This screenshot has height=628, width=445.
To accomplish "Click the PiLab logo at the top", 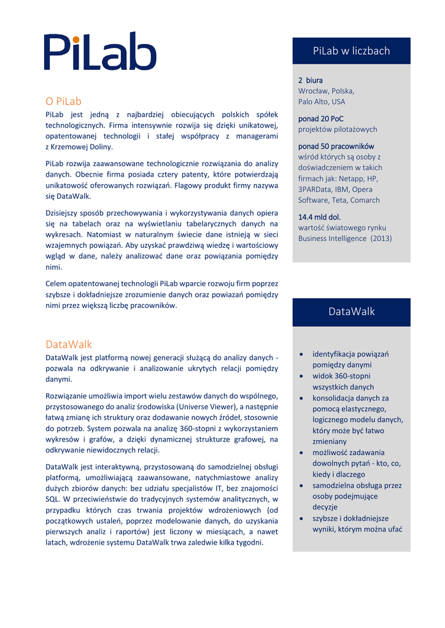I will [101, 52].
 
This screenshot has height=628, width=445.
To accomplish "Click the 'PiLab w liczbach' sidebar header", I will [351, 50].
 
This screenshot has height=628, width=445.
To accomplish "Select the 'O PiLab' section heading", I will [63, 101].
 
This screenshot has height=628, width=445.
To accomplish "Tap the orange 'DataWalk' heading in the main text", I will [69, 344].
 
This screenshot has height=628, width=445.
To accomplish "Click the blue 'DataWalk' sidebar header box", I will [351, 312].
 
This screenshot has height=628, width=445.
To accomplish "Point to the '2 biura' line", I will [310, 80].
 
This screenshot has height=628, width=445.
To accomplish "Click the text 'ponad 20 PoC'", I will [320, 118].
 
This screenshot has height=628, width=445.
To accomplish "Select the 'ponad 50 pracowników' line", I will [336, 147].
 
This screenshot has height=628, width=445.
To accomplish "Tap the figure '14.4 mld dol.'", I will [319, 217].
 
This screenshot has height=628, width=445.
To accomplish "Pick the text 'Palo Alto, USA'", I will [322, 102].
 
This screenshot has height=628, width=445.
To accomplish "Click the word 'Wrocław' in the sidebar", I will [313, 91].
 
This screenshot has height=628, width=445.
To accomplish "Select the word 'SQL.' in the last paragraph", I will [53, 499].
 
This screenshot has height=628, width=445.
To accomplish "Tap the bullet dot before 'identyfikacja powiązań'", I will [300, 354].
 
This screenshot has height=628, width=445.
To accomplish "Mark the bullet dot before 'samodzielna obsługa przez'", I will [300, 486].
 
